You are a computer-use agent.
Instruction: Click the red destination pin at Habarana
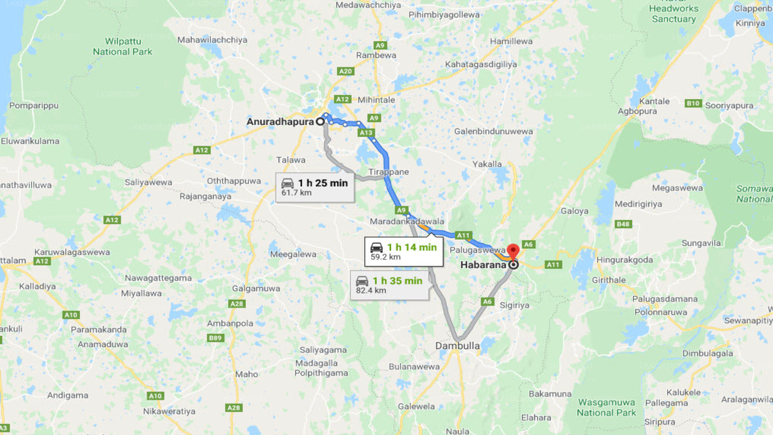click(513, 251)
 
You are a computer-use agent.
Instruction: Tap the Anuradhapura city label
click(280, 121)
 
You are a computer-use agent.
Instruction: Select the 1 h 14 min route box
click(403, 251)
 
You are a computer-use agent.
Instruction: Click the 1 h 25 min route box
click(315, 187)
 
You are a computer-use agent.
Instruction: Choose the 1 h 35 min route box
click(390, 285)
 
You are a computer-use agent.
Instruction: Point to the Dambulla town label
click(457, 346)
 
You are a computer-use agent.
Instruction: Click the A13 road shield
click(365, 132)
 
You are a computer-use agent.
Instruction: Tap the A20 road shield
click(345, 71)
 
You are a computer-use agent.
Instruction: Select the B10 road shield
click(693, 103)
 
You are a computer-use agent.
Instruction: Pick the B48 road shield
click(623, 224)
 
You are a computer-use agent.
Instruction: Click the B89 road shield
click(215, 338)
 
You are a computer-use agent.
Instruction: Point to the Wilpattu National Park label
click(123, 47)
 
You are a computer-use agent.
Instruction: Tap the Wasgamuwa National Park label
click(606, 407)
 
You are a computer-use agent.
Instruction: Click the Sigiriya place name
click(514, 305)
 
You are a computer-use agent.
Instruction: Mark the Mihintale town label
click(376, 100)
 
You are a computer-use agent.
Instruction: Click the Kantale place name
click(655, 101)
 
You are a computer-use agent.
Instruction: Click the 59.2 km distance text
click(385, 257)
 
